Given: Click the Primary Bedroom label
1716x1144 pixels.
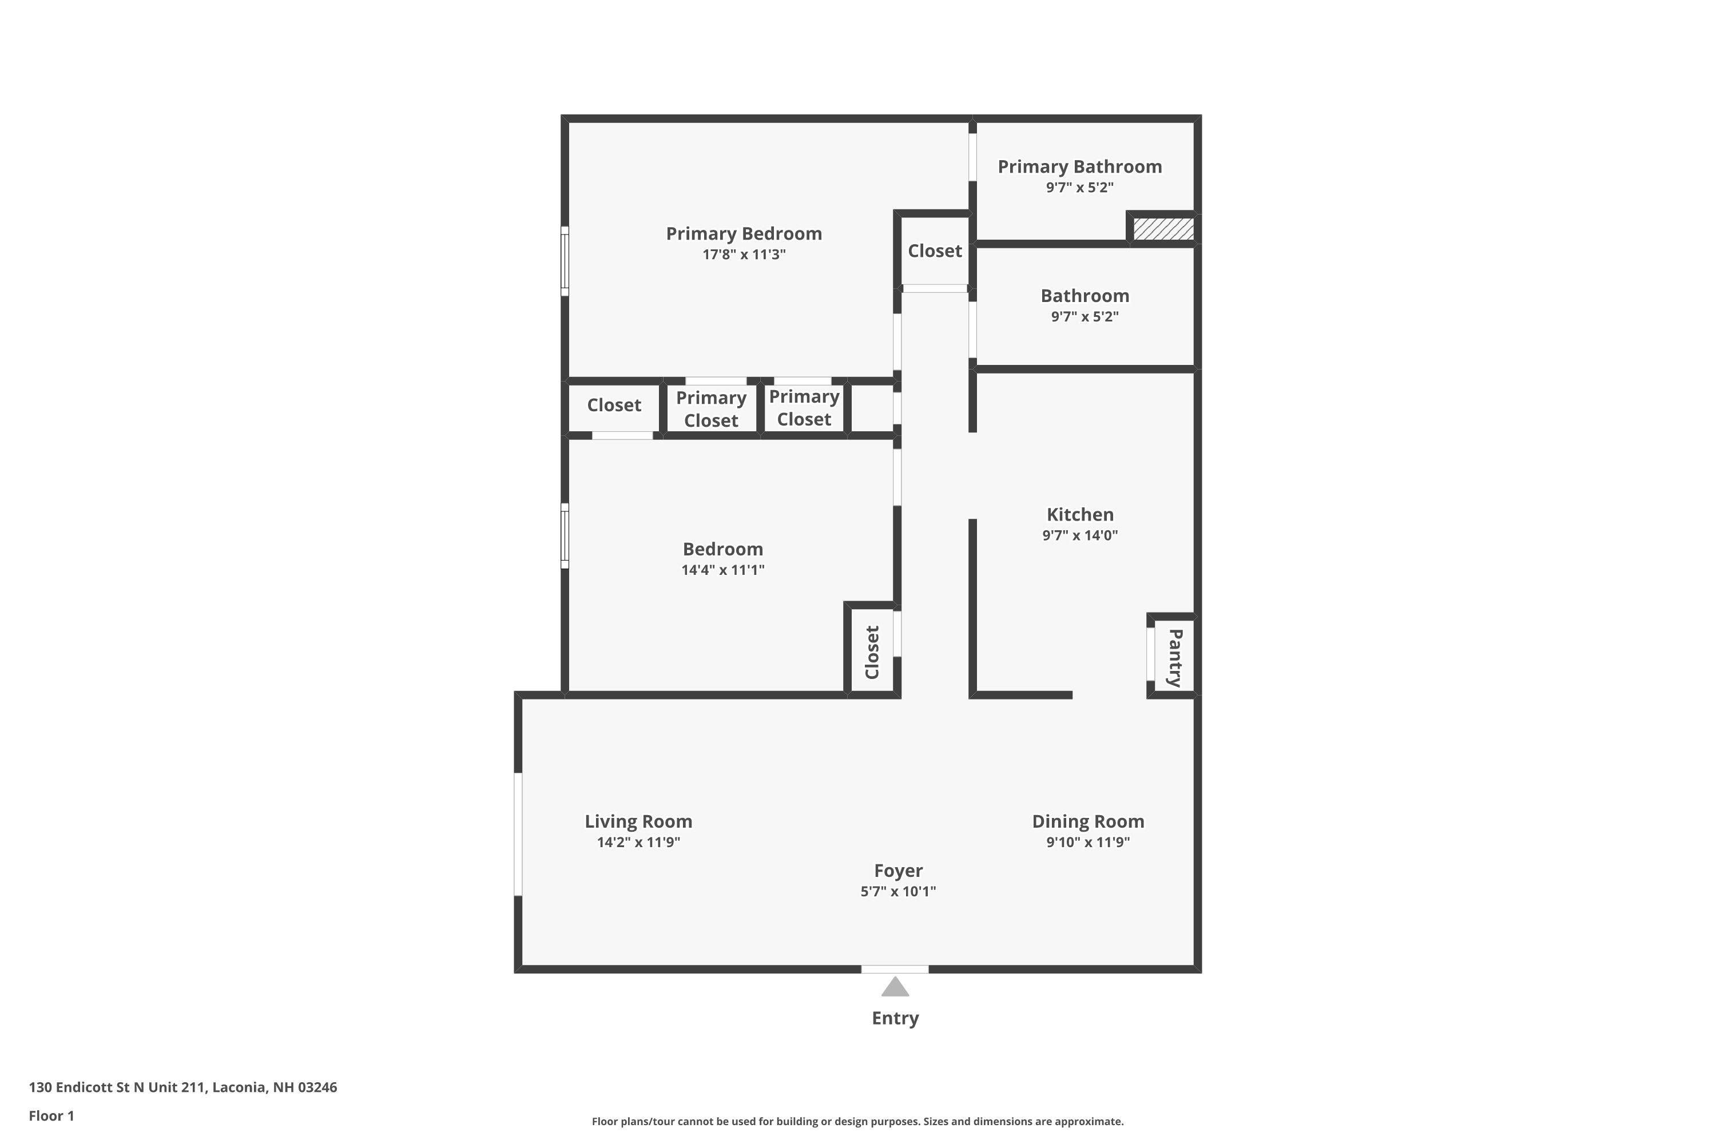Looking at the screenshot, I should pos(744,233).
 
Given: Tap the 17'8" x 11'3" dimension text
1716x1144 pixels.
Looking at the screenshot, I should pos(744,255).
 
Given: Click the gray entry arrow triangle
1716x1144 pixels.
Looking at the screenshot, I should pos(895,987).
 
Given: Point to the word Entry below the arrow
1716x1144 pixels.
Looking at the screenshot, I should pos(895,1018).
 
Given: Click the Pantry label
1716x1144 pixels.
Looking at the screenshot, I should pos(1175,657).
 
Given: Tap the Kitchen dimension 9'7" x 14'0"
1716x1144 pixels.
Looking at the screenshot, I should pos(1080,535).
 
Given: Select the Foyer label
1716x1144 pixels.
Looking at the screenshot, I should pos(898,871).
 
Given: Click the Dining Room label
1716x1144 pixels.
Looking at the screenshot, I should pos(1088,821).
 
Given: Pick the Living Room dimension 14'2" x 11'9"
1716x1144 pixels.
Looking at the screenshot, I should pos(638,843).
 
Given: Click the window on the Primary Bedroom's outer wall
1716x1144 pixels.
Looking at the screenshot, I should pos(565,261).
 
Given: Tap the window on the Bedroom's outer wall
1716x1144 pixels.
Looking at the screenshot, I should pos(565,535).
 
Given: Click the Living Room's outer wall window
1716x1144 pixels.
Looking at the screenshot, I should pos(519,834).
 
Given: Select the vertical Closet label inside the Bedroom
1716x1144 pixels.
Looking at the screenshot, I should pos(872,652).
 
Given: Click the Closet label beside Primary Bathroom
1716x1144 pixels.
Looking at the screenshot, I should pos(935,251).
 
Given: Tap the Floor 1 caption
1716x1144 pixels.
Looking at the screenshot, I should pos(51,1115).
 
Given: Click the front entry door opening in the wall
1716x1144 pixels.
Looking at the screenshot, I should pos(895,970).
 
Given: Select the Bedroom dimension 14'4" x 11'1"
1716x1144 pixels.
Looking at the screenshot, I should pos(722,570).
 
